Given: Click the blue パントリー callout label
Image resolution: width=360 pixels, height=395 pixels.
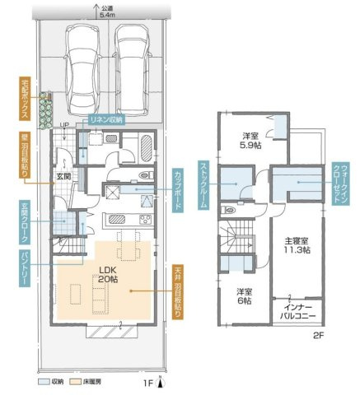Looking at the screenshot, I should (x=25, y=268).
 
